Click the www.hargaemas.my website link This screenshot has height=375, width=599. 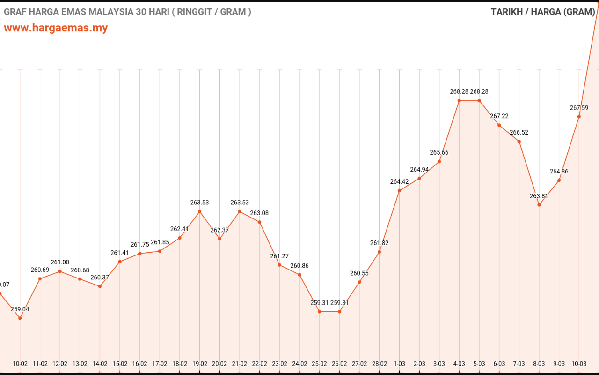point(56,28)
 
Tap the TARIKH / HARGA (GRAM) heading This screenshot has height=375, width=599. point(542,12)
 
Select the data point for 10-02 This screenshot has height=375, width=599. point(20,318)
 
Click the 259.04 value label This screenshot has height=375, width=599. point(20,309)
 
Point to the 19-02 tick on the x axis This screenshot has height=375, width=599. point(200,364)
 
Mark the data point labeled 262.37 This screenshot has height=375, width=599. point(219,239)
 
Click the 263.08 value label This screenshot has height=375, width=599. point(259,213)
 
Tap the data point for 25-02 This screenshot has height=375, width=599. point(320,312)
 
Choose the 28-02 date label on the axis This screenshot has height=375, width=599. point(379,364)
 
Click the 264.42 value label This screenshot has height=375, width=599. point(399,182)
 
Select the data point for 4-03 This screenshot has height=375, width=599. point(459,100)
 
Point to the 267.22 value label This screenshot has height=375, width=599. point(499,116)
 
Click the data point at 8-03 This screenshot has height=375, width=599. point(539,205)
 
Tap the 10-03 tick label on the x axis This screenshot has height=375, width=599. point(579,364)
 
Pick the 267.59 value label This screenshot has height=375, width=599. point(579,108)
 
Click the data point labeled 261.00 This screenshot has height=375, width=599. point(60,271)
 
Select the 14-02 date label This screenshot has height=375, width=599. point(100,364)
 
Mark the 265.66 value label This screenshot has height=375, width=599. point(439,153)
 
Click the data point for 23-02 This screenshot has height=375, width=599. point(279,265)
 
